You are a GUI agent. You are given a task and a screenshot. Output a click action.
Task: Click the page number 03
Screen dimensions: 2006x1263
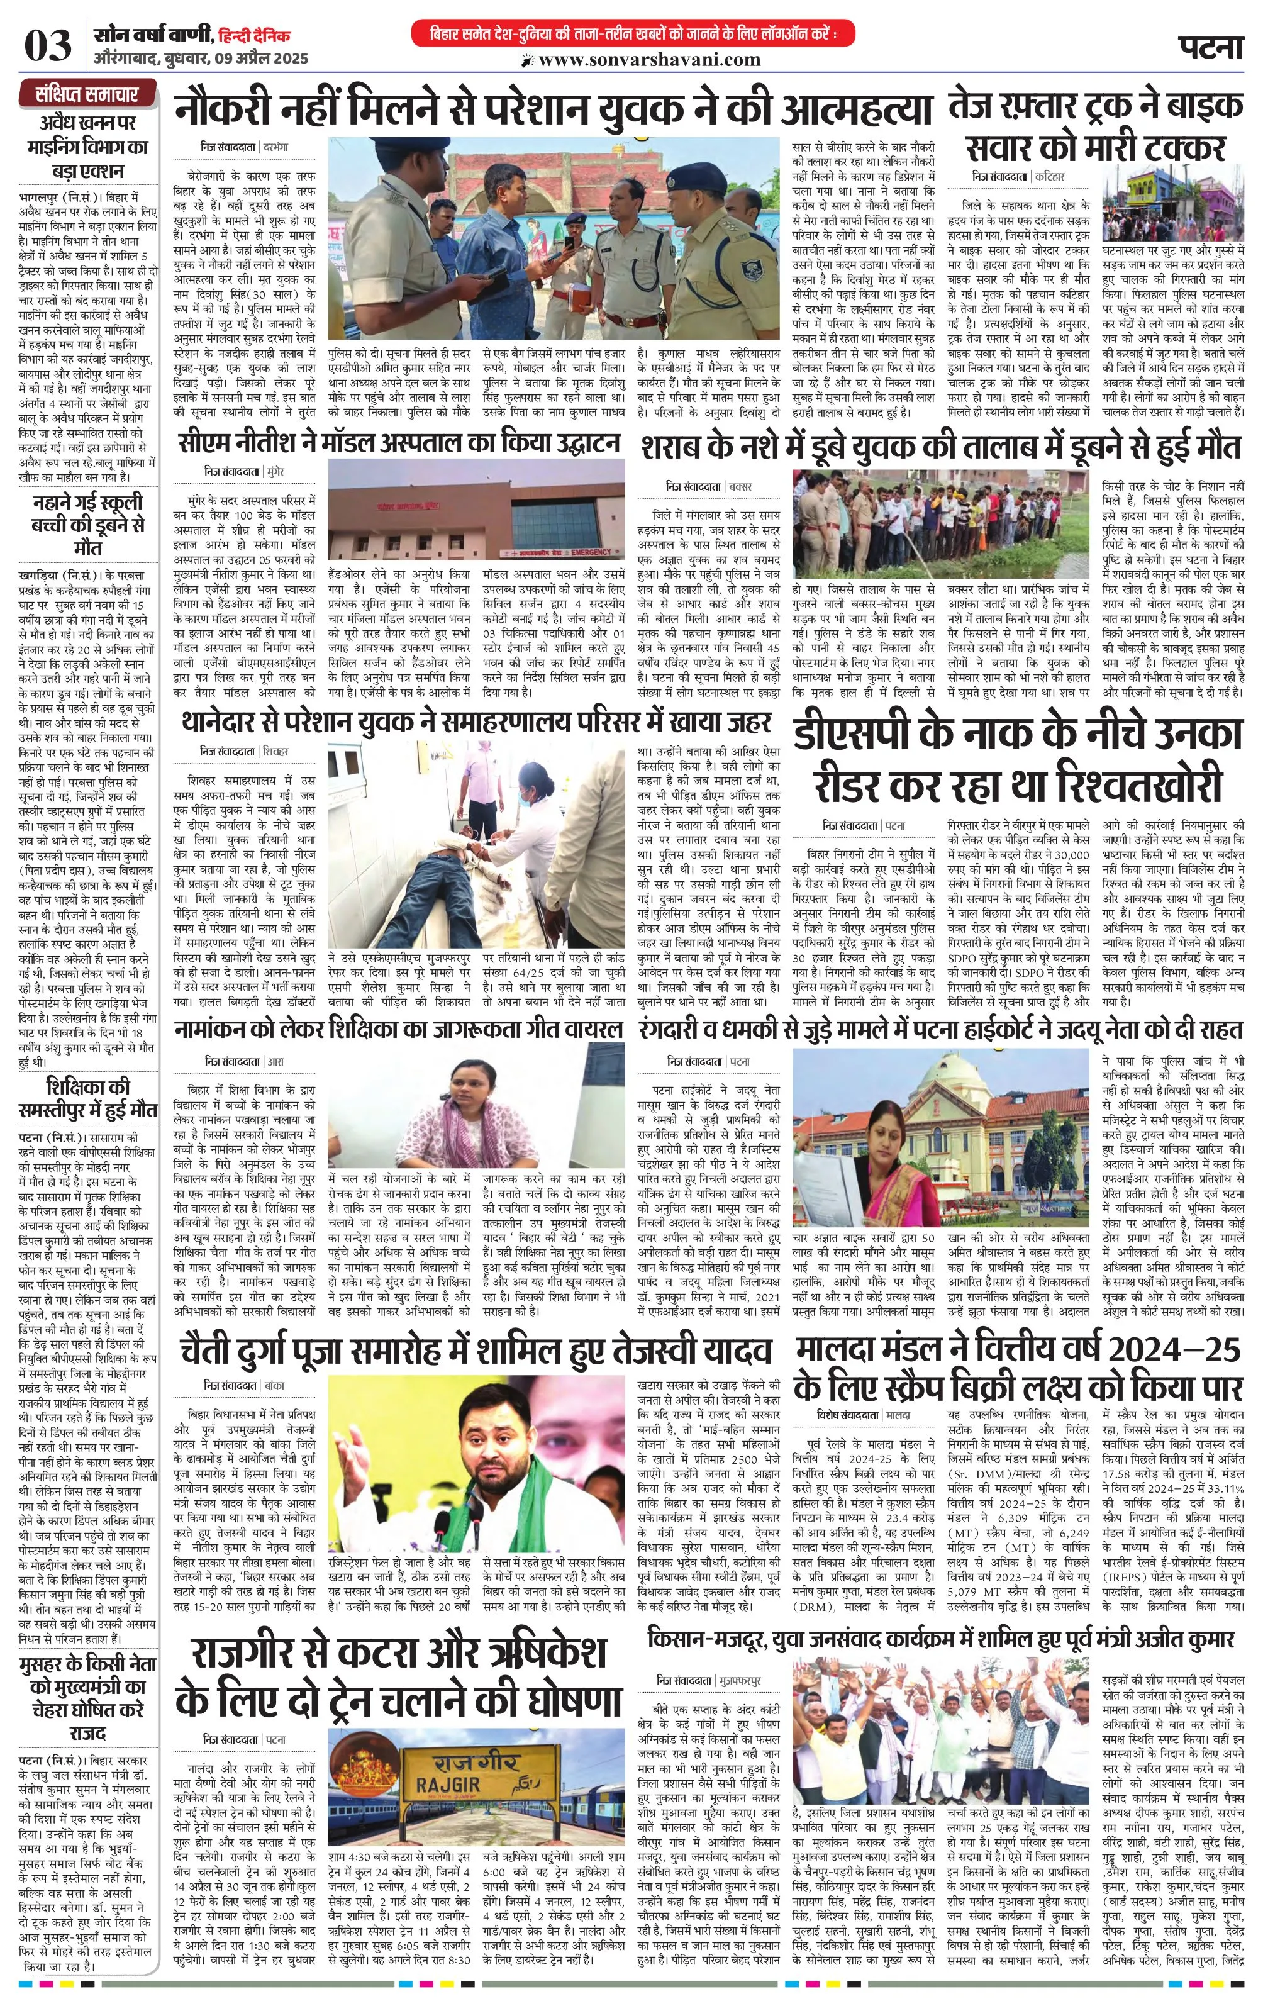coord(48,46)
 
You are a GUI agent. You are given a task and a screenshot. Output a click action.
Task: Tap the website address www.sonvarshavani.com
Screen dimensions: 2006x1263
coord(649,60)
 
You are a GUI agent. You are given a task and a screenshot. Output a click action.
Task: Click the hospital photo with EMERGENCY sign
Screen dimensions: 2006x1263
coord(476,510)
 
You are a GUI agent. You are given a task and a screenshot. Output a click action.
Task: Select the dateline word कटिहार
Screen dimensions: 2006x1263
coord(1050,177)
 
